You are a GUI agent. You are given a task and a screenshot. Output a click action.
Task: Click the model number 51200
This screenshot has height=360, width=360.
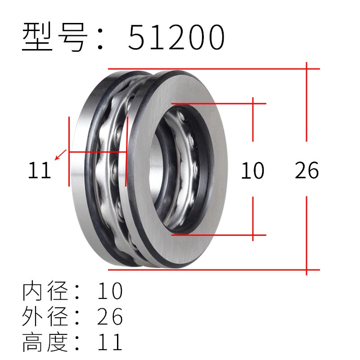[176, 38]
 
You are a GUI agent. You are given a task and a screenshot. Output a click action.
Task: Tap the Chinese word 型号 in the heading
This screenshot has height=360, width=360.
[54, 38]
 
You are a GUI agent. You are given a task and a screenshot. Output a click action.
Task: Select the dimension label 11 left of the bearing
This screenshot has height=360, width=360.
[40, 171]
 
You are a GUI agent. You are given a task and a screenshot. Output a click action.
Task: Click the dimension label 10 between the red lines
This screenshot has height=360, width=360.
[252, 171]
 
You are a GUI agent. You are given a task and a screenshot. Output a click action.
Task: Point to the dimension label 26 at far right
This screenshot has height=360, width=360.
[307, 171]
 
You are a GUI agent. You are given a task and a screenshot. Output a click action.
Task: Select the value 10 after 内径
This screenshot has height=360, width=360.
[110, 292]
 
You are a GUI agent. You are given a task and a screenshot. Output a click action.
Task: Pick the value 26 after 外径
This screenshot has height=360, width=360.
[110, 317]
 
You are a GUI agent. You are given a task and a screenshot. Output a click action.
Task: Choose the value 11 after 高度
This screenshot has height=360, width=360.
[110, 342]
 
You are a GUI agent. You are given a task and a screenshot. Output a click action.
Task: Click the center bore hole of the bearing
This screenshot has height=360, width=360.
[180, 169]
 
